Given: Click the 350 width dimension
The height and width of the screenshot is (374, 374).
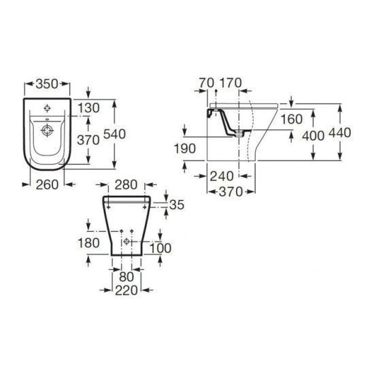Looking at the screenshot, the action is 47,84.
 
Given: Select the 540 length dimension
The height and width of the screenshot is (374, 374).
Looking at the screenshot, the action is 114,134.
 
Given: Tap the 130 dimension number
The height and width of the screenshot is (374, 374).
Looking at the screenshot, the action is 88,108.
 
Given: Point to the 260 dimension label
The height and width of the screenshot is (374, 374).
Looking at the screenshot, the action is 47,185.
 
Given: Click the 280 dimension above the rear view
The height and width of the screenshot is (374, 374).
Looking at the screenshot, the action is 126,185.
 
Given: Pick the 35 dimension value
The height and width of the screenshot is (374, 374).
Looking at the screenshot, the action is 177,205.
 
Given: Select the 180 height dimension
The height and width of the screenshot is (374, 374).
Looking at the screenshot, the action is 88,243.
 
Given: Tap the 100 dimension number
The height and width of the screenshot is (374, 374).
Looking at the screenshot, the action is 160,248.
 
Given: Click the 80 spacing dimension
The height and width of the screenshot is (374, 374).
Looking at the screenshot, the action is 126,277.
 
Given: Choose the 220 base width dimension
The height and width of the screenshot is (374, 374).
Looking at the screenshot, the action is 126,291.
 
